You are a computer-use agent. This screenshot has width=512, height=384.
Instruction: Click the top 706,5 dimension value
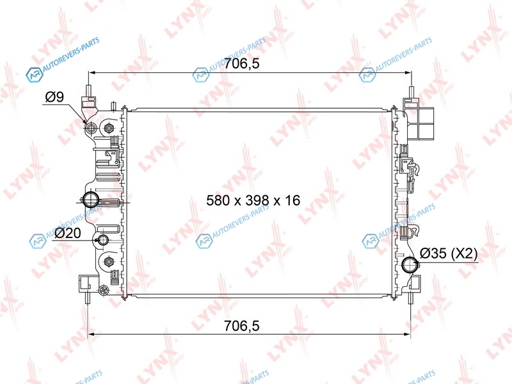pos(242,63)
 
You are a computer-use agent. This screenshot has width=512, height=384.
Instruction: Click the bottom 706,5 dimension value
pos(242,326)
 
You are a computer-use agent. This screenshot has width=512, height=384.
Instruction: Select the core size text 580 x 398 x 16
pos(253,200)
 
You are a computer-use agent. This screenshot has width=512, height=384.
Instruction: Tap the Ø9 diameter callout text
pos(54,97)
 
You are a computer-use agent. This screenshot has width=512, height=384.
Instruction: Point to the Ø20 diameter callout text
pos(68,233)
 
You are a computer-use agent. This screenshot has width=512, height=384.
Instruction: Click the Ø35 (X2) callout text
pos(449,253)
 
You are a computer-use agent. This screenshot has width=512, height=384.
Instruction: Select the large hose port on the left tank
pos(90,200)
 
